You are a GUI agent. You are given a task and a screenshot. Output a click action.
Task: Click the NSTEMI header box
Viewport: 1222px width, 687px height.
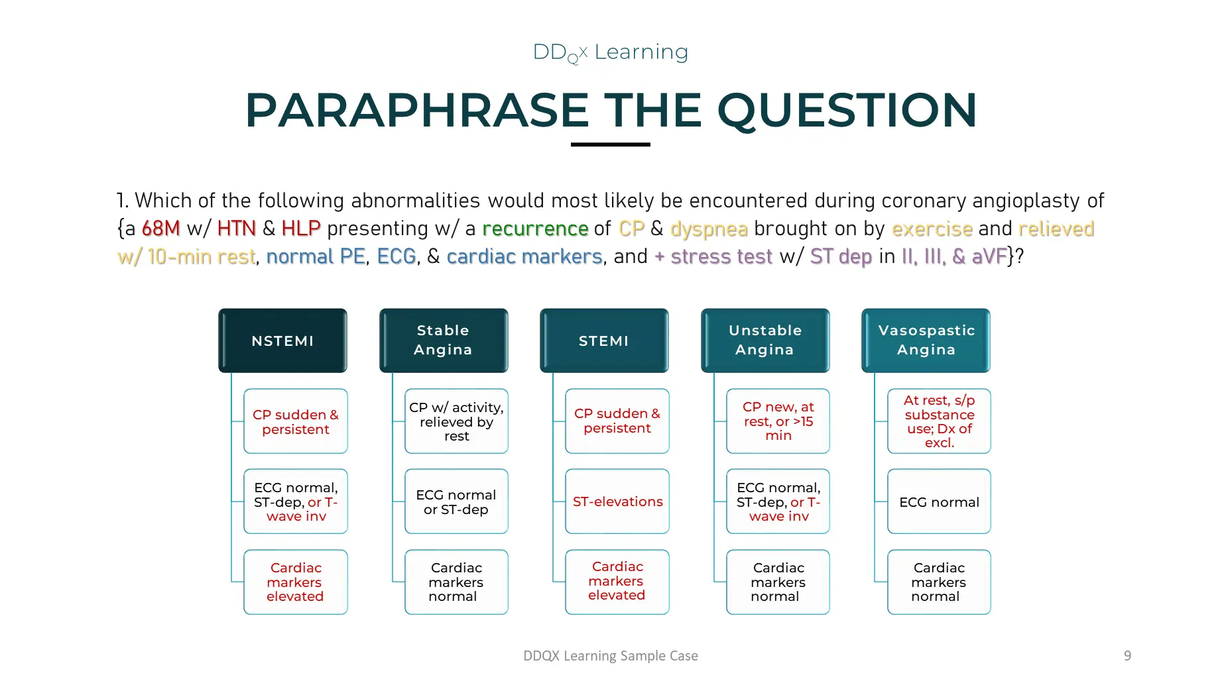(x=282, y=341)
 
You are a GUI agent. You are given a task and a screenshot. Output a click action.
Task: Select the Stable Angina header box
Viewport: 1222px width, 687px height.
(x=444, y=341)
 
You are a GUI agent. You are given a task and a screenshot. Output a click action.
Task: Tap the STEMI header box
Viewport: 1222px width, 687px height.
(x=604, y=341)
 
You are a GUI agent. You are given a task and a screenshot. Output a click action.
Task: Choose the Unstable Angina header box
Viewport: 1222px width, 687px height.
(x=765, y=341)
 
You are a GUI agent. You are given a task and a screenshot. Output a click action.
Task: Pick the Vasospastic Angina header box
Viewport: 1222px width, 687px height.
(x=926, y=341)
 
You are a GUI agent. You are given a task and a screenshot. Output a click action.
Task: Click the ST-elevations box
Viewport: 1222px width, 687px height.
(x=617, y=502)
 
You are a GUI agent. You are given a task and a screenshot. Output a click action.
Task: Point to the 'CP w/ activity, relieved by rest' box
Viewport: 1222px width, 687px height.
(x=457, y=421)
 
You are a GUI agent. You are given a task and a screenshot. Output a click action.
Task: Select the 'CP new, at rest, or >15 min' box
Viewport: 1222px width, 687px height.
(x=778, y=421)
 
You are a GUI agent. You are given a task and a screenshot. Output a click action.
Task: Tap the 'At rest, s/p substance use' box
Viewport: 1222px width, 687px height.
(x=939, y=421)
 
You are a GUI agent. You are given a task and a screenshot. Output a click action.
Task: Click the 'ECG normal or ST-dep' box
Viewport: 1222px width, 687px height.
(x=457, y=502)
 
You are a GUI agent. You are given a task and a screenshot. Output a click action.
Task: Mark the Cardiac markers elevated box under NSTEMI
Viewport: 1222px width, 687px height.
(x=296, y=582)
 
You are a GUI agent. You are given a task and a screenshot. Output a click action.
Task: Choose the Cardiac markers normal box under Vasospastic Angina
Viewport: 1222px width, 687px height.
(x=939, y=582)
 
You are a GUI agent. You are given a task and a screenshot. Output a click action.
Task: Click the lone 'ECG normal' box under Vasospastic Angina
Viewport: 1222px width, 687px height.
(x=939, y=502)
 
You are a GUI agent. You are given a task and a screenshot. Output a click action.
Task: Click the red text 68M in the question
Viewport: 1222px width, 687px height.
(x=161, y=229)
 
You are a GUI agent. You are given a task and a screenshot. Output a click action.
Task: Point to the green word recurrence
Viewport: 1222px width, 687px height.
(x=535, y=229)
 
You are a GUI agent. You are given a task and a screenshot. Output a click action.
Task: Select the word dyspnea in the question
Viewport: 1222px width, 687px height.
(x=709, y=229)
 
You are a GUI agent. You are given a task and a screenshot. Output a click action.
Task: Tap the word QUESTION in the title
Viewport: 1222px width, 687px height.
(x=847, y=110)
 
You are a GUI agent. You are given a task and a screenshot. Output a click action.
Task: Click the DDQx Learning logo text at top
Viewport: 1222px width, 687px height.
(x=611, y=52)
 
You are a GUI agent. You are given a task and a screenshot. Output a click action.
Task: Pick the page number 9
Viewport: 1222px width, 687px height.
(x=1127, y=656)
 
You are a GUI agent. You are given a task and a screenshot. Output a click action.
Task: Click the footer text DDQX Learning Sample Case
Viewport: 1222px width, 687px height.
(x=611, y=656)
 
